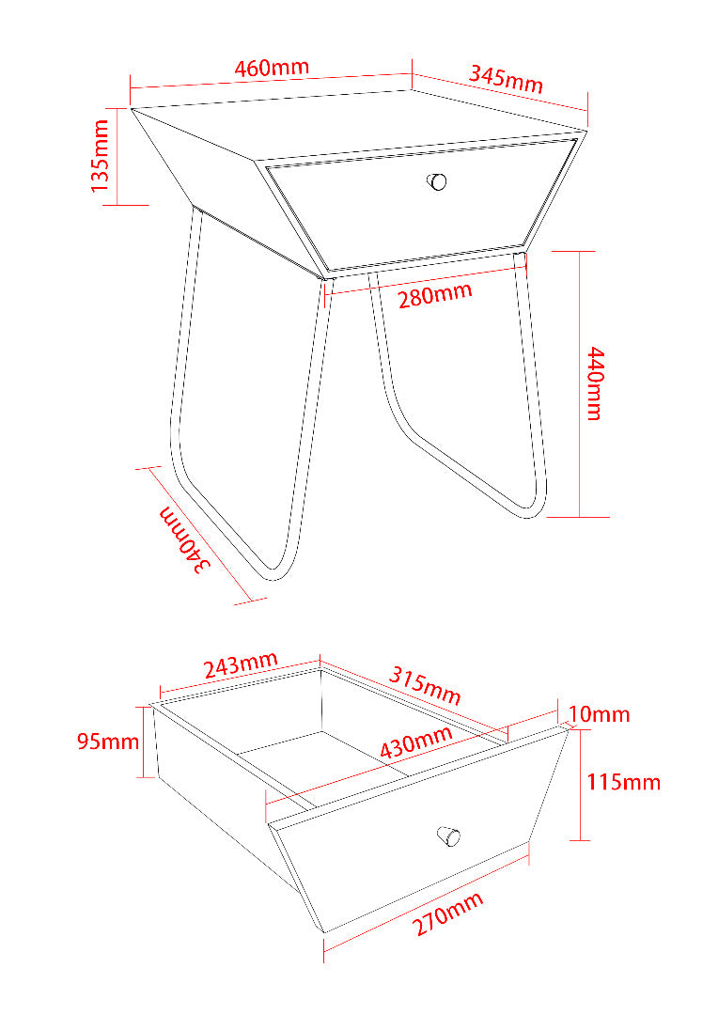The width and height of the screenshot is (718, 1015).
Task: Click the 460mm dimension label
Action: click(272, 68)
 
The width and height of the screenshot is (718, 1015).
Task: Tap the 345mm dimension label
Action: click(506, 79)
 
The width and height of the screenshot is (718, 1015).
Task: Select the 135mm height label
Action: click(100, 156)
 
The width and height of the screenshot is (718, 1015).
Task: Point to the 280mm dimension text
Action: click(434, 296)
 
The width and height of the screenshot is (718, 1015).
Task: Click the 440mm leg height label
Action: click(595, 383)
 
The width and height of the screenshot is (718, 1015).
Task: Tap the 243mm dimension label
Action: click(241, 665)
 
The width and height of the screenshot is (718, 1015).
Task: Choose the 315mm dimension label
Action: click(425, 685)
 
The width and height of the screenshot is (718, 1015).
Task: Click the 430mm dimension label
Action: click(415, 742)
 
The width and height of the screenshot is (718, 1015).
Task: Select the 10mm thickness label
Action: click(599, 714)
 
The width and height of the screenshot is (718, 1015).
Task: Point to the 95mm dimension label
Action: click(108, 742)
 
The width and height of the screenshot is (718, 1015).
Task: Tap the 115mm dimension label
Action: click(623, 782)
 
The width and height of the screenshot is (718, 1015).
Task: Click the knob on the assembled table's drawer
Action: click(437, 181)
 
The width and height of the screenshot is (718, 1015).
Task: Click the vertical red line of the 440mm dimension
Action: click(580, 383)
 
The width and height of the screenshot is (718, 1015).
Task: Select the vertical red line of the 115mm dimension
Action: click(580, 785)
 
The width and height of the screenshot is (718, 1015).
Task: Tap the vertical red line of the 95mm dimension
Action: click(143, 742)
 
